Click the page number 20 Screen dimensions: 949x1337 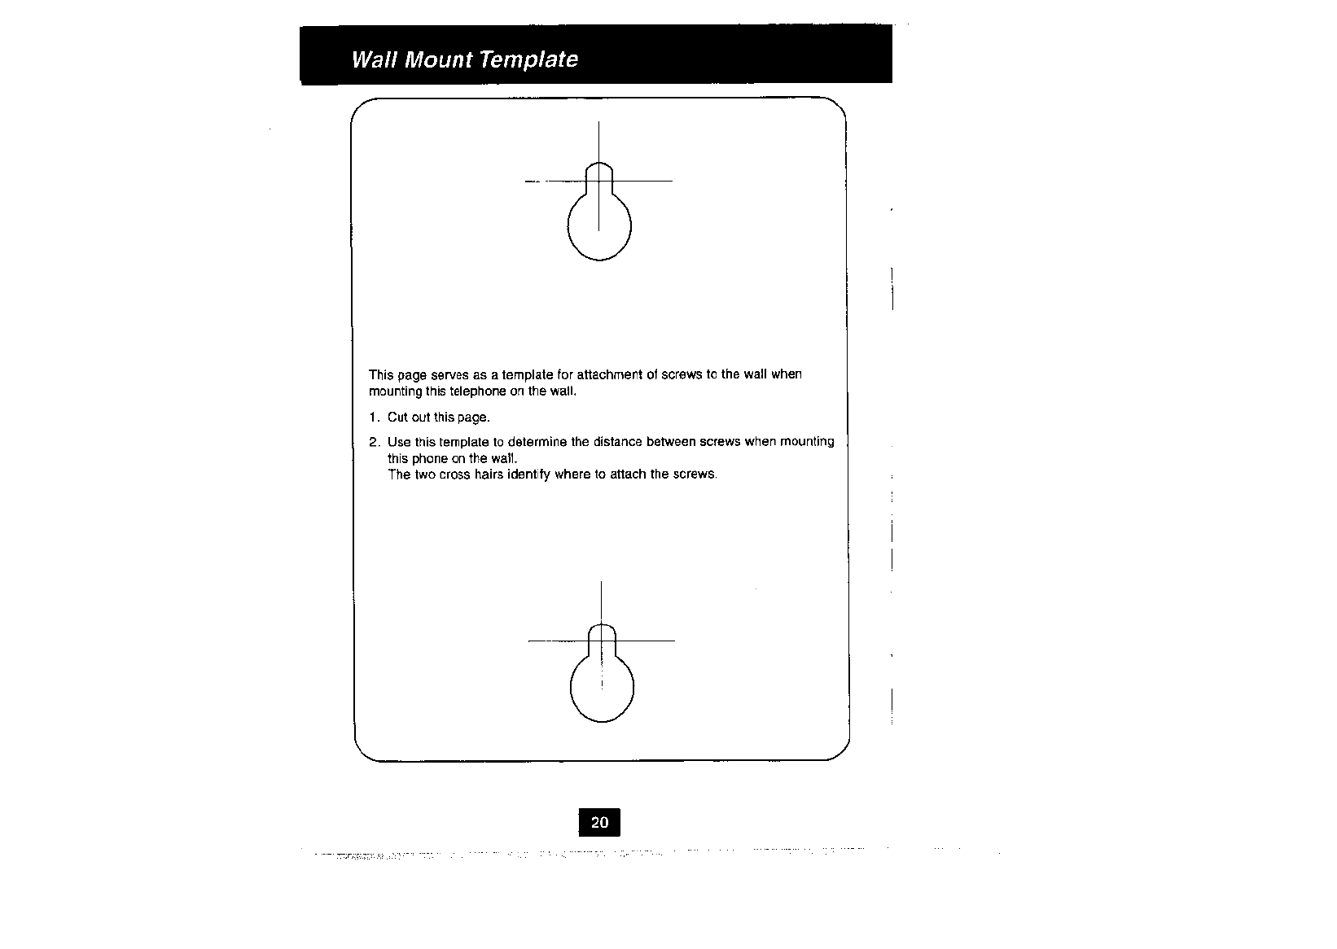(599, 823)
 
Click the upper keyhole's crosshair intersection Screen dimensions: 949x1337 (598, 181)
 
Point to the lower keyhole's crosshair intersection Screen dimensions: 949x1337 (601, 641)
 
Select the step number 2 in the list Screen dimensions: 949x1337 (373, 442)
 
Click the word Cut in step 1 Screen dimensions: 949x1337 (397, 418)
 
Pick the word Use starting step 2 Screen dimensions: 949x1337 (399, 442)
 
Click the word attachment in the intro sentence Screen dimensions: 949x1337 (609, 374)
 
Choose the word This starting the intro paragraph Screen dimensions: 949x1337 (381, 374)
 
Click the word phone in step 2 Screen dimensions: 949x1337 (430, 458)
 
